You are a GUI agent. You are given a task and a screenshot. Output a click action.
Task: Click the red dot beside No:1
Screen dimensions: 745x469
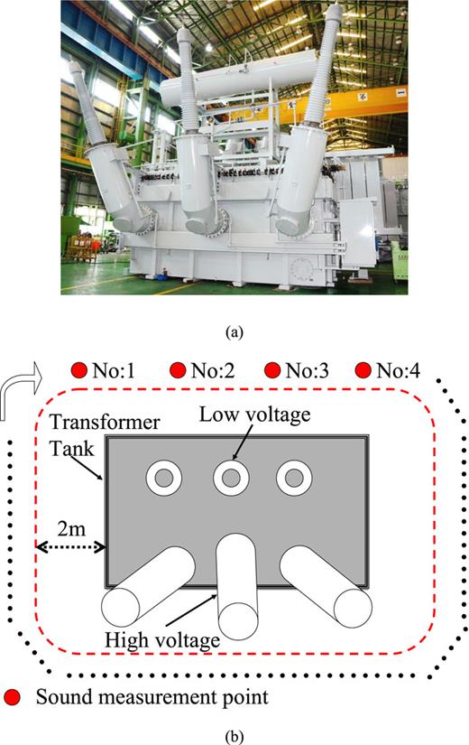(78, 369)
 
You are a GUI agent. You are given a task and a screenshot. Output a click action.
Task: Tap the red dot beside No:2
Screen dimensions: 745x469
(178, 369)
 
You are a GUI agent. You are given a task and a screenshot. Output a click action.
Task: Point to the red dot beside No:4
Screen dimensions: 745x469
(364, 369)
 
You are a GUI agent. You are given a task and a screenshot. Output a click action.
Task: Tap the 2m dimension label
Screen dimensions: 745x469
(71, 526)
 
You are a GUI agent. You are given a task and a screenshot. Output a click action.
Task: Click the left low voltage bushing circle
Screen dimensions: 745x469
(165, 478)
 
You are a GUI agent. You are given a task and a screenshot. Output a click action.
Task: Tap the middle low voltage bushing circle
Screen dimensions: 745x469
(231, 478)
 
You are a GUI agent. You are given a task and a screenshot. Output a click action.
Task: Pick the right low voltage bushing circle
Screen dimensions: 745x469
(294, 478)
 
